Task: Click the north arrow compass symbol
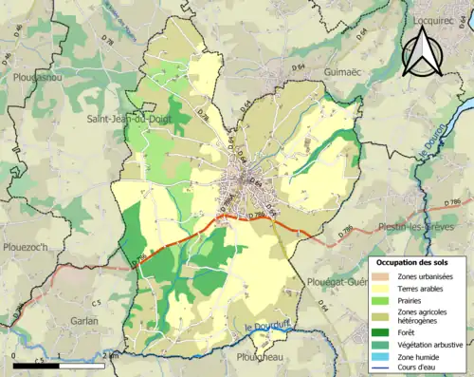pos(425,52)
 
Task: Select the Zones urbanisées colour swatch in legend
pos(383,275)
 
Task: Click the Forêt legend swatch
pos(383,331)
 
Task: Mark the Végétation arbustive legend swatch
pos(383,345)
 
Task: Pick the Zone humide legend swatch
pos(383,357)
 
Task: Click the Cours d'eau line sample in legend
pos(383,369)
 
